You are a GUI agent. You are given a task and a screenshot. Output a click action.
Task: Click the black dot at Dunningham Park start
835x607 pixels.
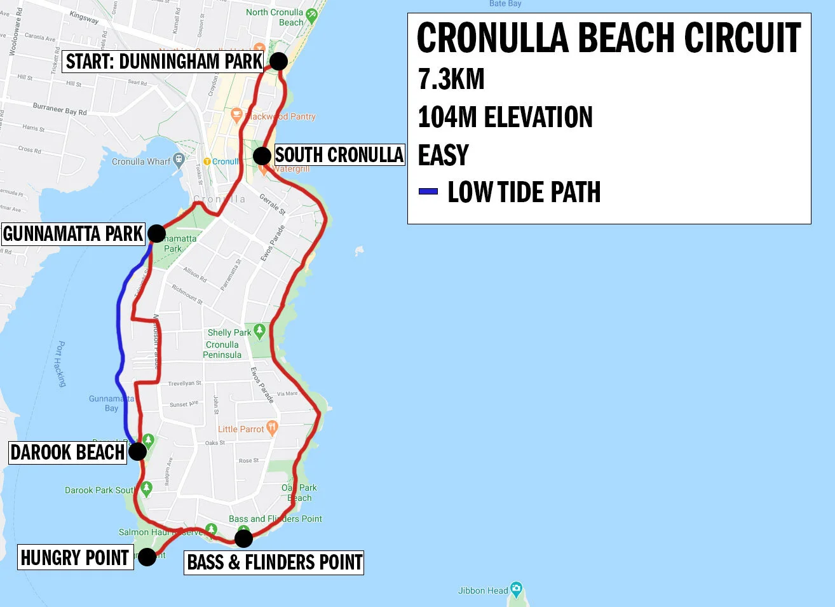[x=278, y=61]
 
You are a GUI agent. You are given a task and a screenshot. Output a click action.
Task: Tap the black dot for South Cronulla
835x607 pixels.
[x=262, y=156]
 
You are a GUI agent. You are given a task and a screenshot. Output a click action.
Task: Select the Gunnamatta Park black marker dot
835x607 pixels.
[x=156, y=233]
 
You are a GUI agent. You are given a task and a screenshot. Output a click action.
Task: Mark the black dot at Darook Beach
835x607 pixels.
[x=137, y=452]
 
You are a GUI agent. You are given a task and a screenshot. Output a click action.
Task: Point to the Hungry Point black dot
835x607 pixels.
[x=147, y=557]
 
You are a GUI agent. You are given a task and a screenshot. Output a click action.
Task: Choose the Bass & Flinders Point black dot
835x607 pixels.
[x=243, y=538]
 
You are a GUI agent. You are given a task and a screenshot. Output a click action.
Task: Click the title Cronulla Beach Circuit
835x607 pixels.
[x=608, y=38]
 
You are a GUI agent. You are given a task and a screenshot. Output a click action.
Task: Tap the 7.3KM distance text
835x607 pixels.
[x=451, y=79]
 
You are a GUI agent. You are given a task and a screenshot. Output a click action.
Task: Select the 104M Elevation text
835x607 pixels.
[x=505, y=118]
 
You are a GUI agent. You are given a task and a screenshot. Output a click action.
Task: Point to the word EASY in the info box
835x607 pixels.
[x=443, y=155]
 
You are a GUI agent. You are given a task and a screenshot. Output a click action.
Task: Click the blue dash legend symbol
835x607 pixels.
[x=428, y=191]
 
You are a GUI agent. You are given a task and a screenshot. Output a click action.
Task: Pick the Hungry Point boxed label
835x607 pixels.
[x=75, y=557]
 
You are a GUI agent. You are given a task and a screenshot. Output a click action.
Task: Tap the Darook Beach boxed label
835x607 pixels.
[x=67, y=453]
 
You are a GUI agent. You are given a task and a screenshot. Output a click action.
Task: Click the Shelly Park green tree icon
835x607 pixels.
[x=259, y=331]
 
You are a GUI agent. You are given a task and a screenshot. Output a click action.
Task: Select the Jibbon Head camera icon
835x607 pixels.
[x=516, y=589]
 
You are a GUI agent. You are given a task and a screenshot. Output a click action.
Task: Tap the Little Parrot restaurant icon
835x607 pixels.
[x=272, y=428]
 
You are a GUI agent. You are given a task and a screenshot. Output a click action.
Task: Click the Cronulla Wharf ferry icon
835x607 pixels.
[x=179, y=160]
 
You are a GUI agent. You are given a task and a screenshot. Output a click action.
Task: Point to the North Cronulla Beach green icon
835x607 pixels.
[x=311, y=15]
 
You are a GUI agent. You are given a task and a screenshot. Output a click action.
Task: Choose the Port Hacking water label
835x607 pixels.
[x=60, y=364]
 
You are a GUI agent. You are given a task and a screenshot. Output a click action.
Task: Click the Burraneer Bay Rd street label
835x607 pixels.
[x=60, y=109]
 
